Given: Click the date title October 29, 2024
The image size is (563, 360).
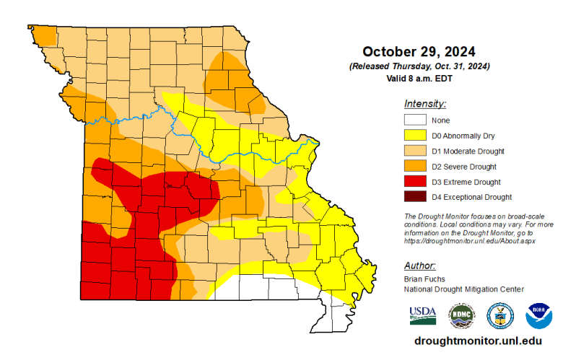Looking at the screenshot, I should tap(419, 52).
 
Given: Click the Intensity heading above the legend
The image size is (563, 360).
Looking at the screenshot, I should tap(425, 104).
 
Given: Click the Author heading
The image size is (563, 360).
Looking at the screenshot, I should tap(420, 265).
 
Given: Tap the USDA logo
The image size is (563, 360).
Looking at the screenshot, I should tap(423, 314).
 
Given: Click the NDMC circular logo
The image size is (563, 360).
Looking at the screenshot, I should tap(462, 315).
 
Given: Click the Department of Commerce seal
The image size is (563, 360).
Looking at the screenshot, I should tap(500, 315).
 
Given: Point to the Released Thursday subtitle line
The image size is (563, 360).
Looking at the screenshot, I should tap(419, 66).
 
